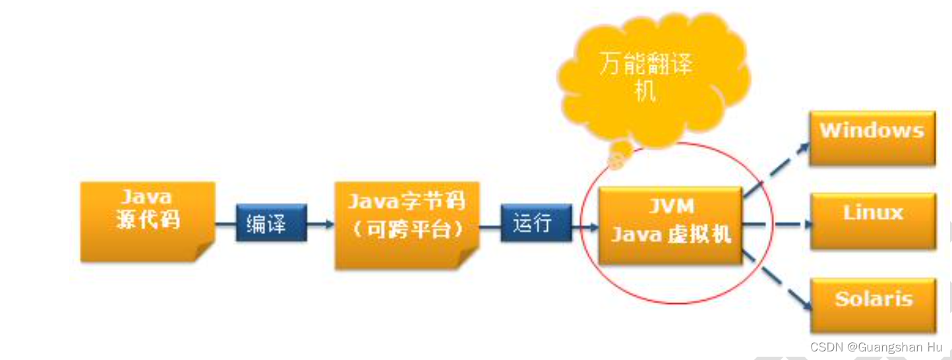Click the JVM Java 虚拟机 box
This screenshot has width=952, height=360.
[x=670, y=225]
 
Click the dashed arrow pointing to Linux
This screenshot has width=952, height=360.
[x=778, y=224]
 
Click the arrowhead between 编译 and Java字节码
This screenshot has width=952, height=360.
[x=328, y=224]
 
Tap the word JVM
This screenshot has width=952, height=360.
[x=670, y=206]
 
